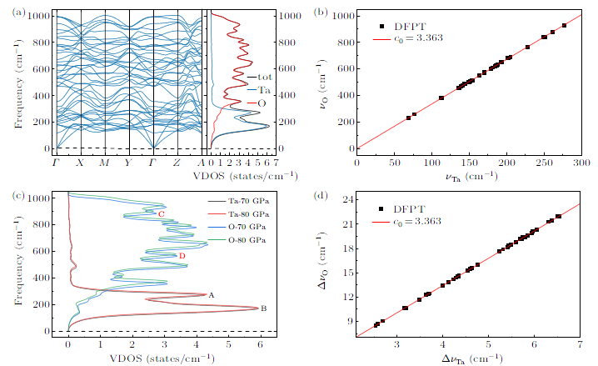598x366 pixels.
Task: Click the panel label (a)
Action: pos(17,13)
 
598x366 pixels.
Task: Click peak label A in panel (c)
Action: pos(212,295)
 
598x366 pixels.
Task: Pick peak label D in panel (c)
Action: pos(182,255)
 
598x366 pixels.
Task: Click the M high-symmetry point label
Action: pos(104,164)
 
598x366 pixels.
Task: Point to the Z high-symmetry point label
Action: pos(178,164)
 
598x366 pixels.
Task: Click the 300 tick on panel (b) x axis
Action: pos(580,163)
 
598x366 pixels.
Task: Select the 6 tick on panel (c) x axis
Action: pos(259,342)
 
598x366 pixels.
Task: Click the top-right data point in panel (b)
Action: pos(564,25)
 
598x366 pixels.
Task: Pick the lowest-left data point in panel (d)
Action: pos(376,324)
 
